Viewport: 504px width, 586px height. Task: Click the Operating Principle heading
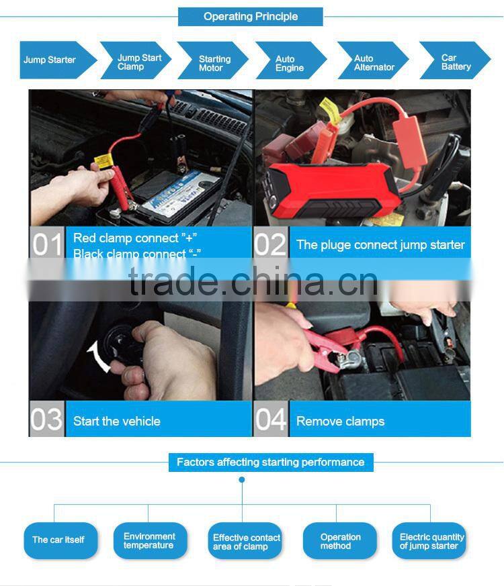[251, 17]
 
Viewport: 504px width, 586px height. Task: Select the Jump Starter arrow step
[52, 60]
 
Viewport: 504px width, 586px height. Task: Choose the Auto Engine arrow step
[290, 63]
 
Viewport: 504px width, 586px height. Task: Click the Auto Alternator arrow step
[372, 63]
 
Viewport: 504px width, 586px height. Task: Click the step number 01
[47, 245]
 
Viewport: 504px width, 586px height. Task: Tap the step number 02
[271, 245]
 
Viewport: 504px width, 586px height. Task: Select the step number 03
[47, 420]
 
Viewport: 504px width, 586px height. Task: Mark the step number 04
[271, 420]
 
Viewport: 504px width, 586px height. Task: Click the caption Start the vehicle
[117, 422]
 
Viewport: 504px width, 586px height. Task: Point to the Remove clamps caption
[340, 422]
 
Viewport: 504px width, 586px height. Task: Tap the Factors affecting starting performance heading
[270, 462]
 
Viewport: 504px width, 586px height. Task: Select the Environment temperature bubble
[149, 541]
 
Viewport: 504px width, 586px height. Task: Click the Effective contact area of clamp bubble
[246, 542]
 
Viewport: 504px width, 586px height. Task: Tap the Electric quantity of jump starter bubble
[430, 541]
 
